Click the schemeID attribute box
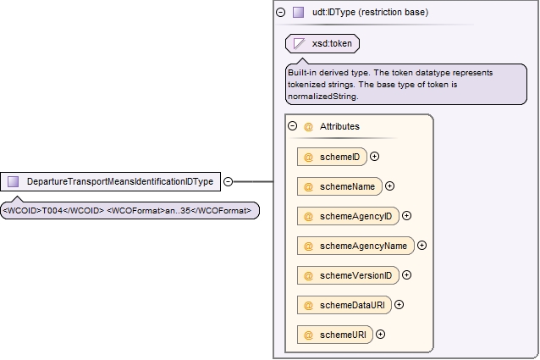(x=332, y=157)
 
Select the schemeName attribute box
(x=339, y=186)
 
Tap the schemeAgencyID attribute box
(x=348, y=216)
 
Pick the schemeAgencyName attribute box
(x=355, y=246)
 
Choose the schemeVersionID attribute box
(x=348, y=275)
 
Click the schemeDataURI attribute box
(x=344, y=305)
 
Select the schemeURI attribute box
(x=334, y=335)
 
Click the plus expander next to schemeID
(x=374, y=157)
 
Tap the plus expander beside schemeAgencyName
(x=422, y=246)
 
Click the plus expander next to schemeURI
(x=380, y=334)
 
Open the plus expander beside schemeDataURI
(x=399, y=305)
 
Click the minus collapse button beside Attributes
(x=292, y=125)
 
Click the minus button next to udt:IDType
(x=281, y=13)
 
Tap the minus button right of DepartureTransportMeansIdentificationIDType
(x=228, y=181)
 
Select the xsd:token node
(x=322, y=44)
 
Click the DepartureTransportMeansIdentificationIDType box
(x=110, y=181)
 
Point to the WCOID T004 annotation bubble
(x=129, y=210)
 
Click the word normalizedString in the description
(x=322, y=97)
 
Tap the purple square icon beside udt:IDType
(x=298, y=13)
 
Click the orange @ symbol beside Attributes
(x=308, y=127)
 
